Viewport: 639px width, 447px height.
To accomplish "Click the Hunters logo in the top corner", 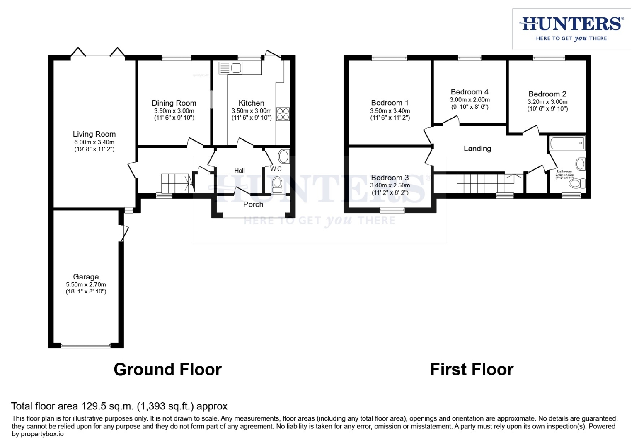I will click(571, 29).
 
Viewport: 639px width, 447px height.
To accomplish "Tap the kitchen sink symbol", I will click(231, 68).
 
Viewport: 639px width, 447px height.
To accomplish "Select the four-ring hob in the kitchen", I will click(283, 114).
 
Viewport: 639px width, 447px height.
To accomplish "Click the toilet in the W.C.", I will click(277, 183).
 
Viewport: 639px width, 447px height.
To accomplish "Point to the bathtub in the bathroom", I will click(567, 143).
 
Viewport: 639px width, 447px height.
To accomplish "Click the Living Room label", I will click(94, 134).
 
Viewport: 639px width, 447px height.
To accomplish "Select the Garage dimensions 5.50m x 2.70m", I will click(86, 285).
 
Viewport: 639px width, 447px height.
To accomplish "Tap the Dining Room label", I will click(174, 103).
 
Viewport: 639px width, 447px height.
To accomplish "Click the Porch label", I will click(253, 204).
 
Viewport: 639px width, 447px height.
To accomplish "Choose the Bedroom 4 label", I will click(470, 92).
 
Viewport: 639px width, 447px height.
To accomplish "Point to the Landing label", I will click(477, 149).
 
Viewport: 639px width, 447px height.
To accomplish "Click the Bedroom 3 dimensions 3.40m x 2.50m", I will click(390, 185).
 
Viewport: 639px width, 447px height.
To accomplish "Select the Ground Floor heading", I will click(167, 369).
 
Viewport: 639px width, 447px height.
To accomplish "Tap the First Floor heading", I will click(472, 369).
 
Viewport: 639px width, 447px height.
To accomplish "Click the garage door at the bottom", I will click(86, 346).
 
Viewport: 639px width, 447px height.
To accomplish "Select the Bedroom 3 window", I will click(392, 210).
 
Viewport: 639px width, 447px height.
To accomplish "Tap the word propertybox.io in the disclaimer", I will click(42, 434).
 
